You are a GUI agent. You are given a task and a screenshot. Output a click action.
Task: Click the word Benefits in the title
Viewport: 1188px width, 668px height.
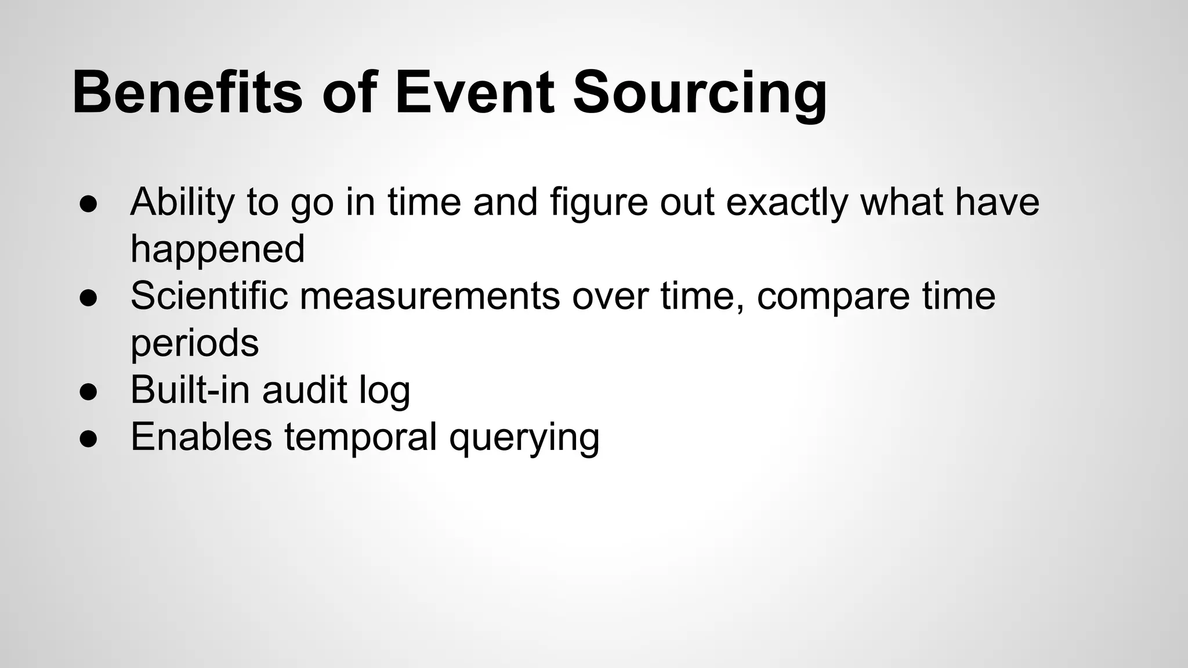click(187, 93)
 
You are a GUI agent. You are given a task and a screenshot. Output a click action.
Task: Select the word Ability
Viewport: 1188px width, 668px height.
click(182, 203)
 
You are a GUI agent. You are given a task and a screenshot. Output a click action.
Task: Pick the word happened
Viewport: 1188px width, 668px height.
click(218, 250)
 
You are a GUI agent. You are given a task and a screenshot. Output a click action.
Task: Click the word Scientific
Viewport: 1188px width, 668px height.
click(209, 296)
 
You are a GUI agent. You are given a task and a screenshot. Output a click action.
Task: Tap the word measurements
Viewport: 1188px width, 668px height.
click(430, 296)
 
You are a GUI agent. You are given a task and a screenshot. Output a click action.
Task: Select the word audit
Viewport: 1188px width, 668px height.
click(304, 390)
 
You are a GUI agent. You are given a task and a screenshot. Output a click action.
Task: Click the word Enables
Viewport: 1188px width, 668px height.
click(201, 437)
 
